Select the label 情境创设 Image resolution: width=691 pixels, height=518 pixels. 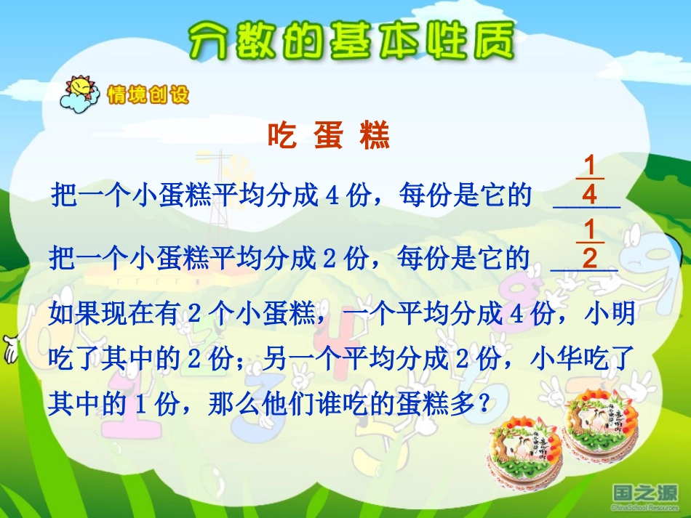pos(148,94)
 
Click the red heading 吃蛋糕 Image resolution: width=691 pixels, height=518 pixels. pos(329,136)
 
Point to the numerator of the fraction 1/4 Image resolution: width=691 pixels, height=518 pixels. pos(590,164)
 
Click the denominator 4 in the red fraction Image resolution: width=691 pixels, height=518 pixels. pos(590,195)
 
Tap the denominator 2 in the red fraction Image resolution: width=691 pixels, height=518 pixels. pos(590,259)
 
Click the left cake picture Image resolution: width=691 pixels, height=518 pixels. pos(522,451)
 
